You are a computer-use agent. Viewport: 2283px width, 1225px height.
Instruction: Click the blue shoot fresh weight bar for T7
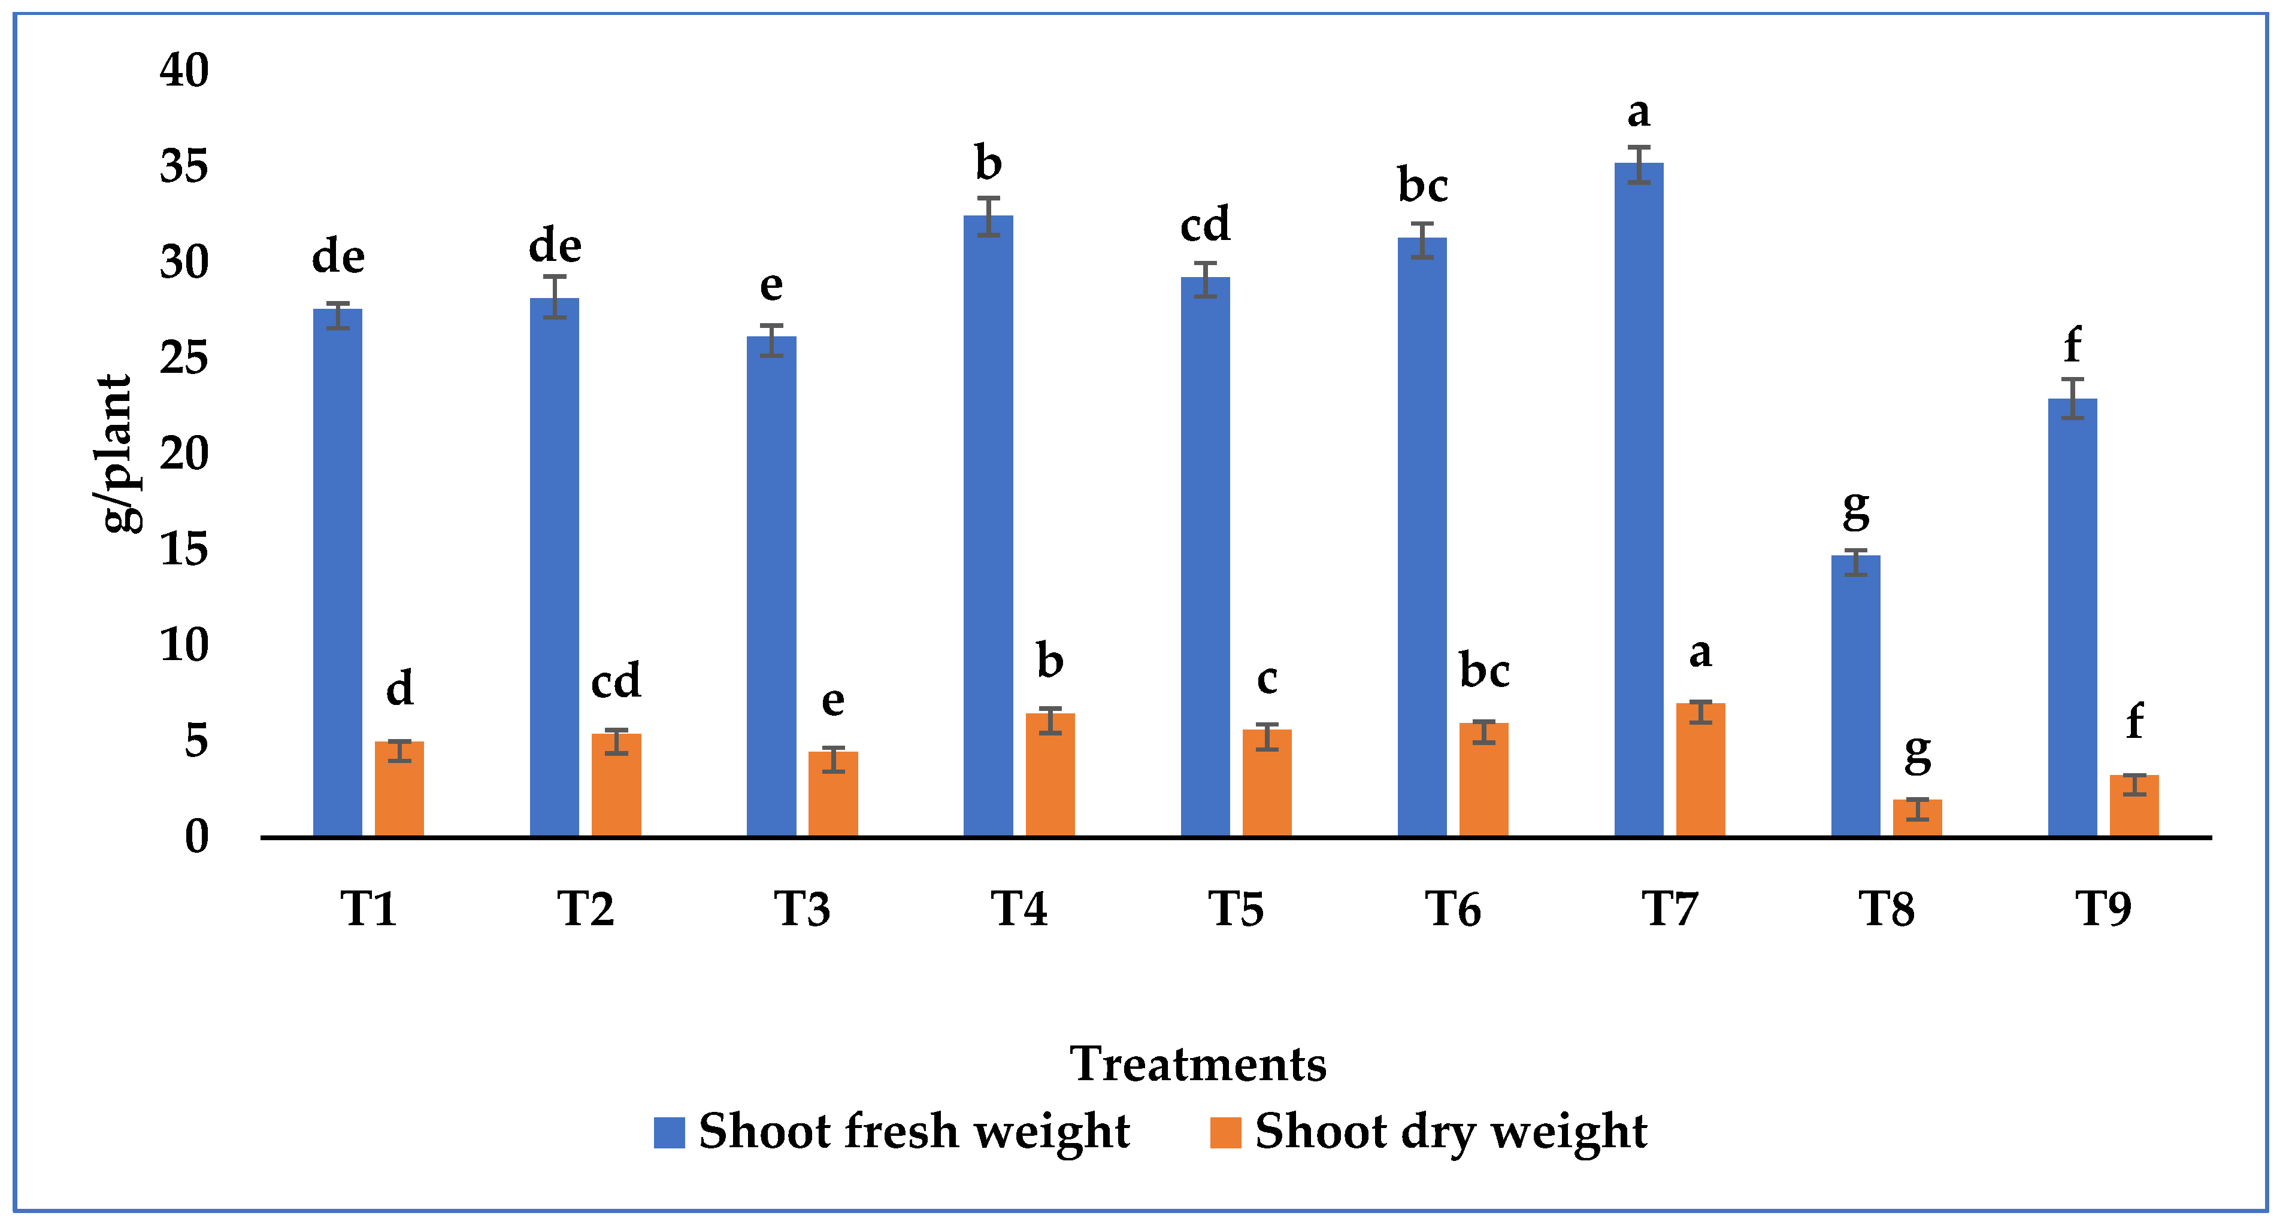(x=1639, y=500)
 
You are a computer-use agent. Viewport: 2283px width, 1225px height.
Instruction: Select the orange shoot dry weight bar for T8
(x=1917, y=819)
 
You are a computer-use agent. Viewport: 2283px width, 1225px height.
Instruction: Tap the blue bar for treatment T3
(x=771, y=586)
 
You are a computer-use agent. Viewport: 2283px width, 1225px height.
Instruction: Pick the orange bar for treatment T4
(x=1050, y=775)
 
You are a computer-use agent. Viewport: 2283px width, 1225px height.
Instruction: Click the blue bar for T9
(x=2072, y=618)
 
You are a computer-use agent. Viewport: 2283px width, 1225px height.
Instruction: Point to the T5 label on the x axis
(x=1236, y=909)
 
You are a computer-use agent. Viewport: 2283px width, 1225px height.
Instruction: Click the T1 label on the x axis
(x=369, y=909)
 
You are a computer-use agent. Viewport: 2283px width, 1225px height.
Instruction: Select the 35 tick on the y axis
(x=184, y=166)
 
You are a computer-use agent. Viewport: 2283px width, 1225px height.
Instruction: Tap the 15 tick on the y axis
(x=184, y=549)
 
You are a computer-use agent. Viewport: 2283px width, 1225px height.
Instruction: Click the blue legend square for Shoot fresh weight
(x=669, y=1132)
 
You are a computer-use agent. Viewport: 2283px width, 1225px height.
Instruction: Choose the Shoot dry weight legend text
(x=1450, y=1132)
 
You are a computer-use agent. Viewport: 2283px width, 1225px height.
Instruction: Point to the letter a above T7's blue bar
(x=1639, y=113)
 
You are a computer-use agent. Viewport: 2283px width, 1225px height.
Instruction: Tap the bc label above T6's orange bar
(x=1485, y=670)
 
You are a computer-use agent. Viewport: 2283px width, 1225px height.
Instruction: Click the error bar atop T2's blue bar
(x=555, y=297)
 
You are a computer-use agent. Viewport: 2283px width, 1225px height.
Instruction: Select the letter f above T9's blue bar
(x=2072, y=345)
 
